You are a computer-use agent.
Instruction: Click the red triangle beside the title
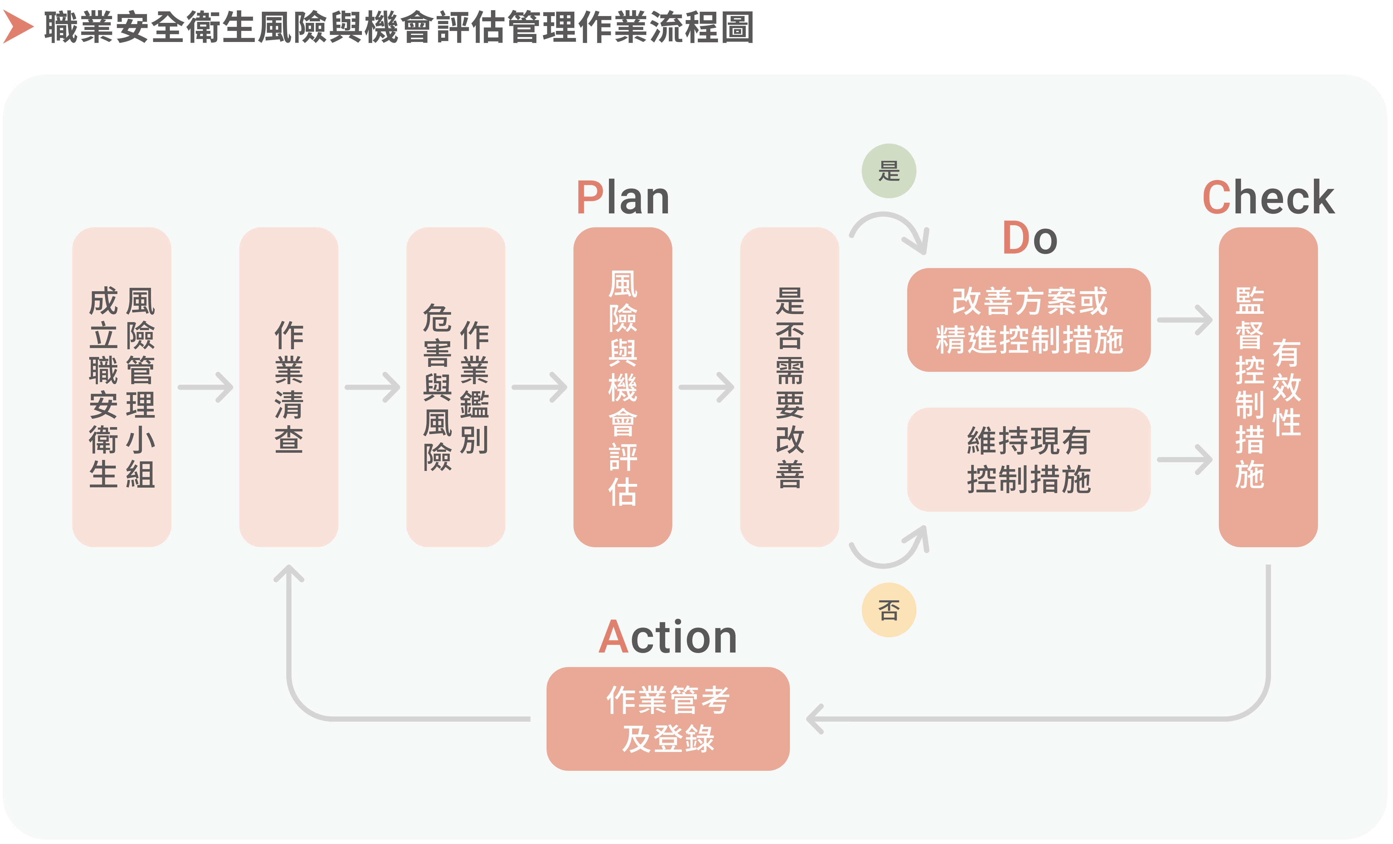(x=17, y=27)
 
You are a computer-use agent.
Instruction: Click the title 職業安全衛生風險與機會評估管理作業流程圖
(x=399, y=27)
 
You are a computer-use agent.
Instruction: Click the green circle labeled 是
(x=889, y=171)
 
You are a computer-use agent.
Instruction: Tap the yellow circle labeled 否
(x=889, y=610)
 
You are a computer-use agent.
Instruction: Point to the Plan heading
(x=623, y=198)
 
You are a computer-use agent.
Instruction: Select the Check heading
(x=1268, y=198)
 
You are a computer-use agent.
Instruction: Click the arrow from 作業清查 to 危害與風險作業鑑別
(x=372, y=387)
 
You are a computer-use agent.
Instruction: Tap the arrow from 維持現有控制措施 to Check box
(x=1184, y=460)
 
